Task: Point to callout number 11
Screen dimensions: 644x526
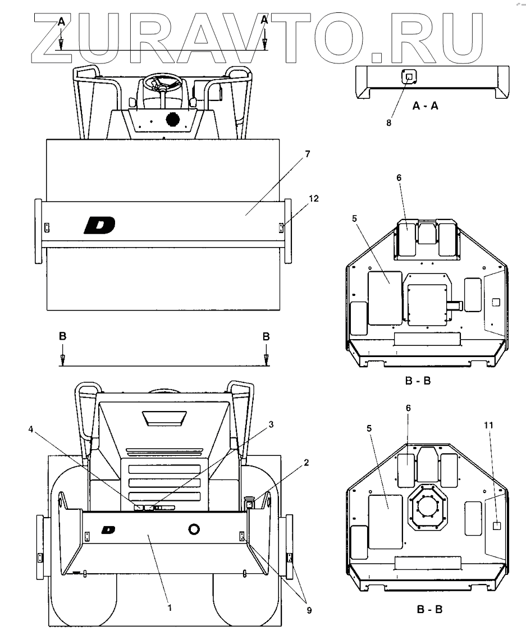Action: tap(489, 424)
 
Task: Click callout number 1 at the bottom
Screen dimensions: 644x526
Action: tap(170, 607)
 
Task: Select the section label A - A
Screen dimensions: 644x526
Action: tap(425, 105)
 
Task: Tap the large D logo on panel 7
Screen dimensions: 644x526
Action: tap(99, 225)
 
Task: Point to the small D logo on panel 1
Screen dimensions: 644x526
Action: tap(108, 529)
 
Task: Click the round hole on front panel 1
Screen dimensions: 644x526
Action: tap(195, 529)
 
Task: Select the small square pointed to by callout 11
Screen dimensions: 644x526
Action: tap(496, 526)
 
